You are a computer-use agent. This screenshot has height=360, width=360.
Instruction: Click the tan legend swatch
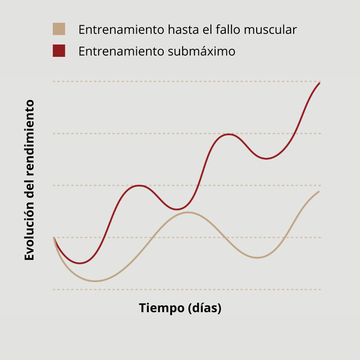click(59, 29)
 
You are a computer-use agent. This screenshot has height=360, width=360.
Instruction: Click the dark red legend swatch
click(59, 51)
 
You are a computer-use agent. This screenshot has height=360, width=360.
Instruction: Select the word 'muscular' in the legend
click(271, 30)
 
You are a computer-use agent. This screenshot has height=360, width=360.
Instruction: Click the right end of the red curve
click(320, 83)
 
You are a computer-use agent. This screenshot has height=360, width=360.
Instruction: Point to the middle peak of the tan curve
click(188, 212)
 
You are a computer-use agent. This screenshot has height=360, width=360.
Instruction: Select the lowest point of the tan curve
click(96, 281)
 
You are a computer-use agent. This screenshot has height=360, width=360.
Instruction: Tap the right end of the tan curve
click(319, 192)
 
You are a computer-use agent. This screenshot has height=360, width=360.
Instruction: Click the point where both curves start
click(54, 238)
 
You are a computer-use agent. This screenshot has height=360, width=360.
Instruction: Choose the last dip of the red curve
click(266, 158)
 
